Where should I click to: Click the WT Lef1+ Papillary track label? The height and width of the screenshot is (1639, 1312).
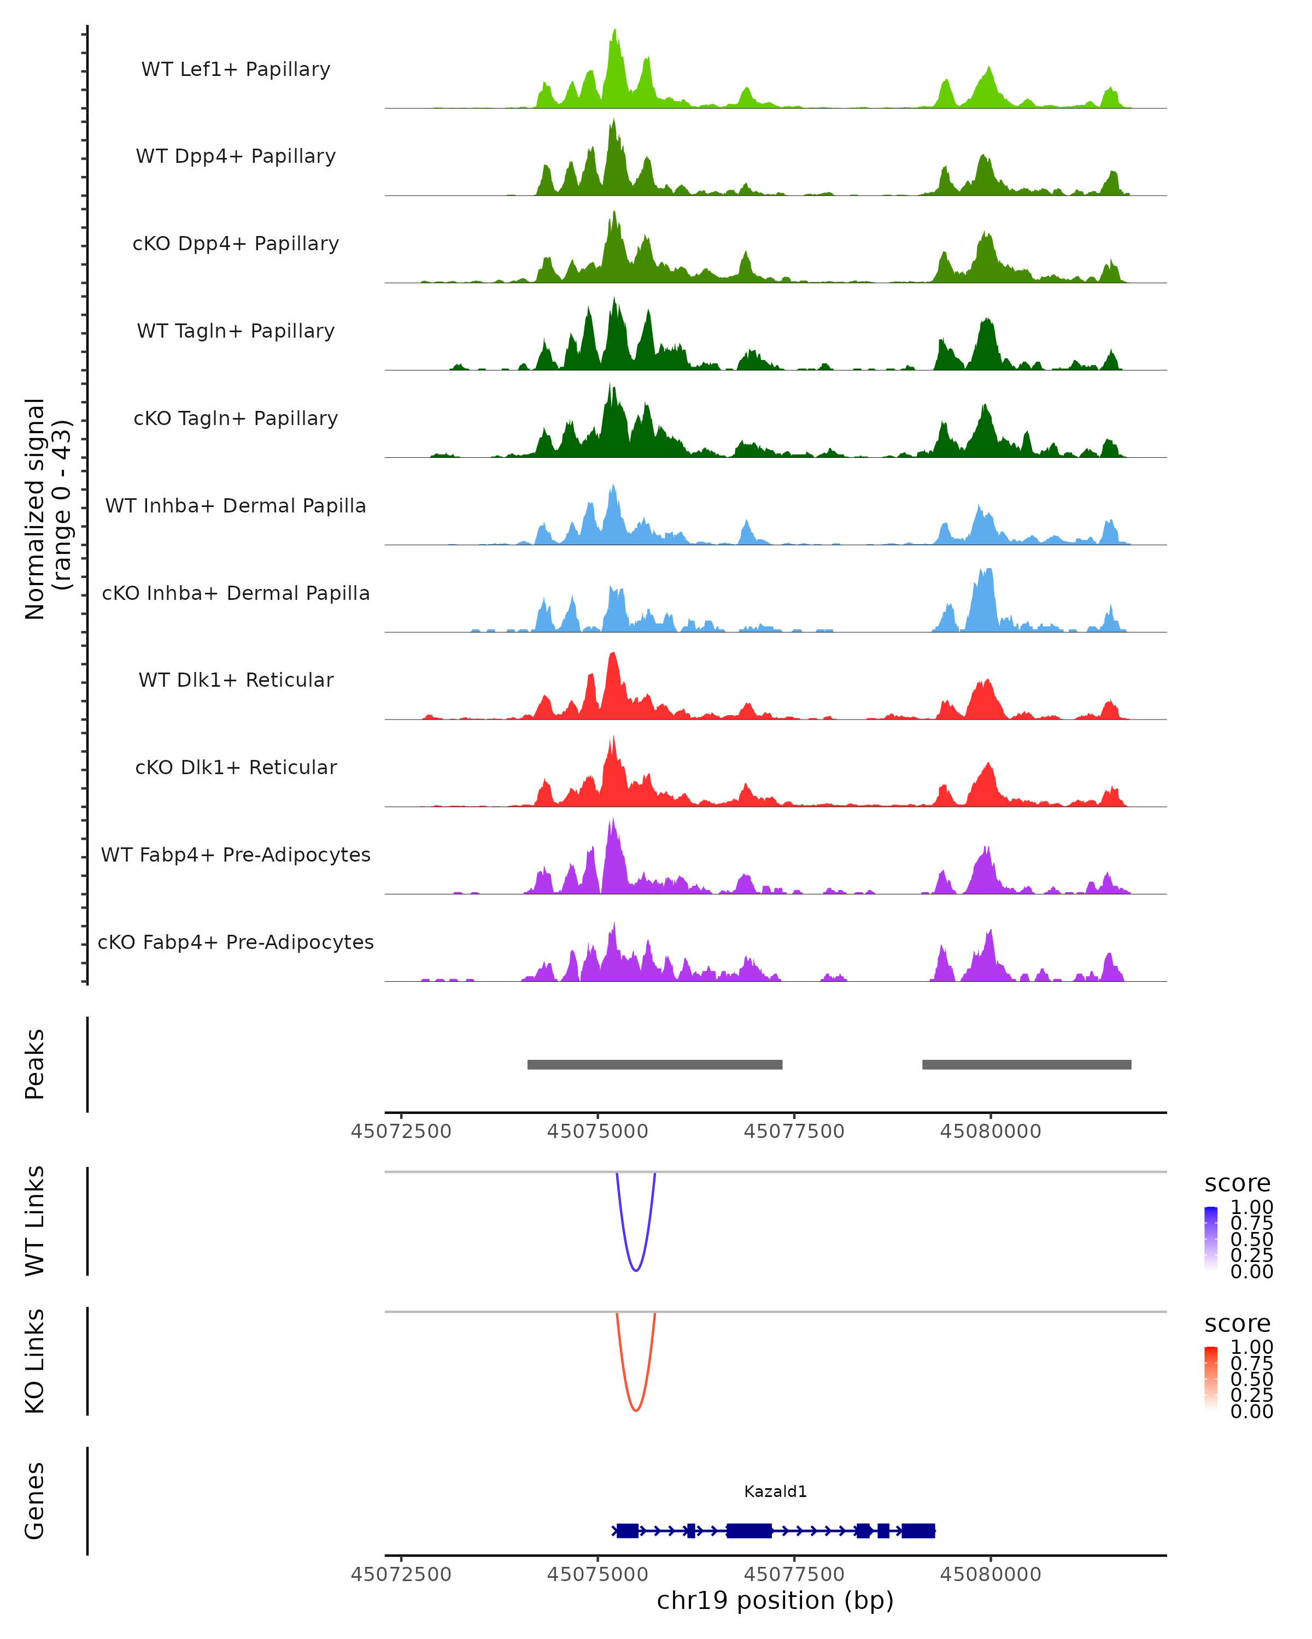(x=236, y=69)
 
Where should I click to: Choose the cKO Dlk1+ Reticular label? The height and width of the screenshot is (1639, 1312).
(x=236, y=767)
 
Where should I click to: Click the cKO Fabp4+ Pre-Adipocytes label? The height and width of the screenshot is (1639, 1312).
(x=236, y=942)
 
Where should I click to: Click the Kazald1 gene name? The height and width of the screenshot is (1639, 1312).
(x=775, y=1491)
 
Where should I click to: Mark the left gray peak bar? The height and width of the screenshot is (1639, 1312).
(x=655, y=1064)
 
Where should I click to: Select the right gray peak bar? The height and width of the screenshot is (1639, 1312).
(x=1026, y=1064)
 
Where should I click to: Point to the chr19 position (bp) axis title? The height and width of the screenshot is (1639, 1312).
(x=775, y=1600)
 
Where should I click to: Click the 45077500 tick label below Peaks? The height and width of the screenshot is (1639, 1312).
(x=794, y=1131)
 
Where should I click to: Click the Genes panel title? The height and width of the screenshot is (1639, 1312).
(x=35, y=1501)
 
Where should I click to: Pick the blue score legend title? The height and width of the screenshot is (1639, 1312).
(x=1238, y=1184)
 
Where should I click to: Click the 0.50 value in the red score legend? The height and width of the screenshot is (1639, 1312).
(x=1251, y=1379)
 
